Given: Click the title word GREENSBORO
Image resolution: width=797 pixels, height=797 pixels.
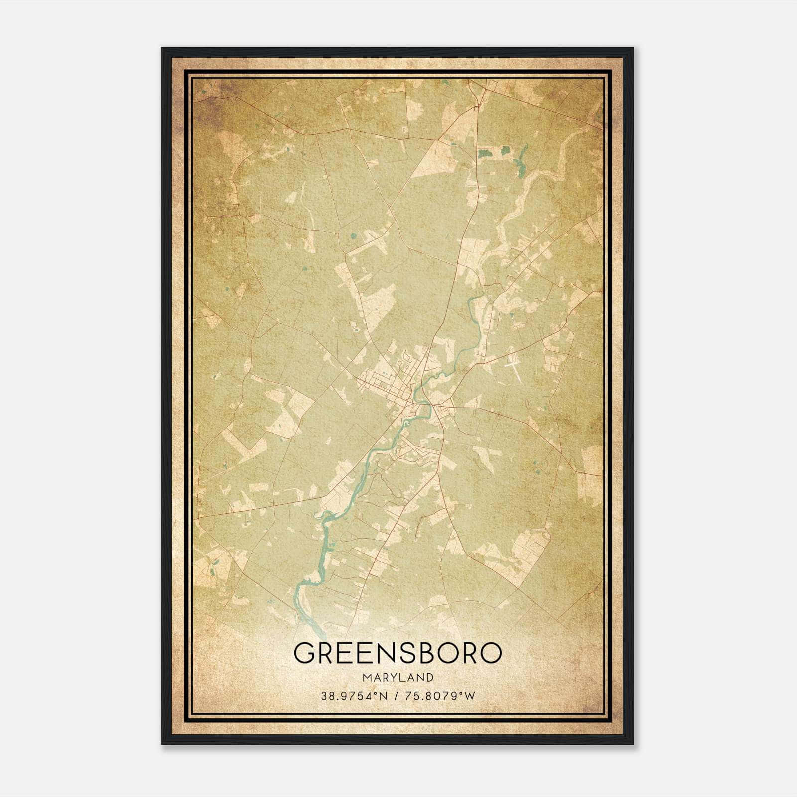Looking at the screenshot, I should tap(398, 653).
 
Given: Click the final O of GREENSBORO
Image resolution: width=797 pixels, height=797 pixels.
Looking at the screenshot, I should tap(491, 653).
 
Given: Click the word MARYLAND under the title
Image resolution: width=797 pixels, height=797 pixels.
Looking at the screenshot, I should tap(398, 677).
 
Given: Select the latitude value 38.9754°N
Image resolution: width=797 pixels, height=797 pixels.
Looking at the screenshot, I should tap(354, 696).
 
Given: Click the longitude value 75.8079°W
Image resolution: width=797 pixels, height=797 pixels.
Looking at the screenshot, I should tap(439, 696).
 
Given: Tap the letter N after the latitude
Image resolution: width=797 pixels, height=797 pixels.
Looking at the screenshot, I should tap(384, 696).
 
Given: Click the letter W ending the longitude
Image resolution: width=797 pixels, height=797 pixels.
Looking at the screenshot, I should tap(470, 696).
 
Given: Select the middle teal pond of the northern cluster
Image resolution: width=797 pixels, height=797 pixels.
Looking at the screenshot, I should tap(505, 150).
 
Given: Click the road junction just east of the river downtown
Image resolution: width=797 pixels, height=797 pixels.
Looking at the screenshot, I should tap(435, 407).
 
